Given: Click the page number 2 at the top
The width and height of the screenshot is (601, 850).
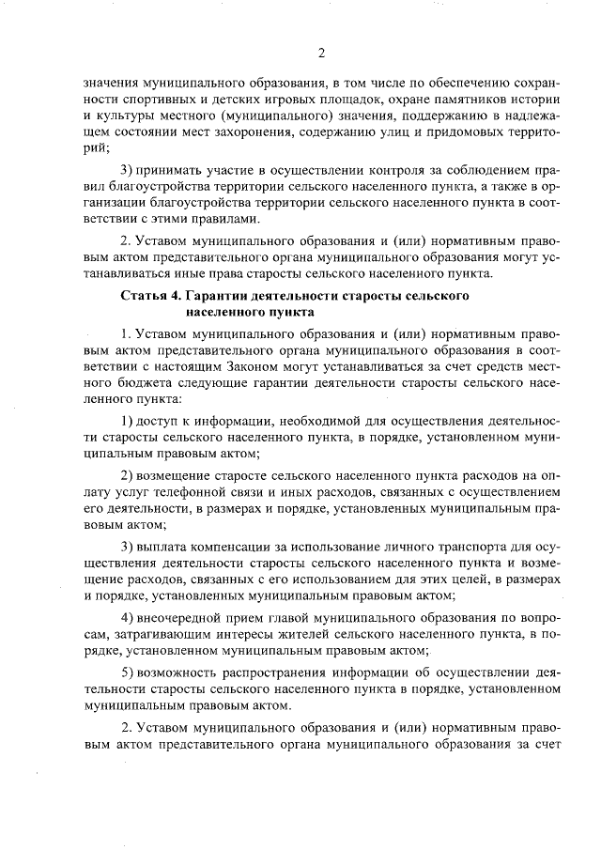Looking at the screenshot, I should [321, 52].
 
